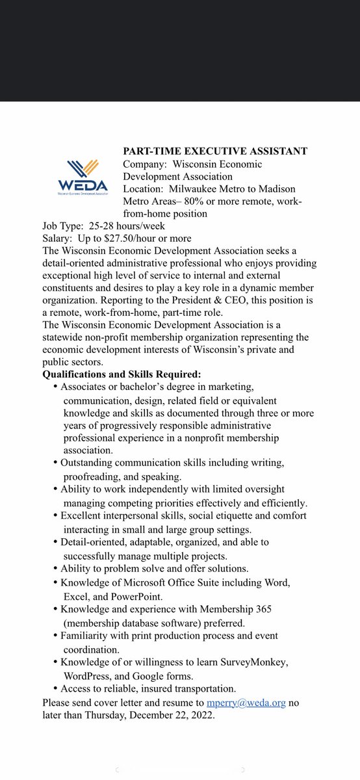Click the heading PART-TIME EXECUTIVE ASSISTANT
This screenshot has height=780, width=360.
coord(215,151)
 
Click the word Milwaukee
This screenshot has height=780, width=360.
coord(202,188)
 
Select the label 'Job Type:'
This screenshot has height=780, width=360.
coord(63,226)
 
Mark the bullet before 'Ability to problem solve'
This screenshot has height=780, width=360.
coord(55,569)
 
